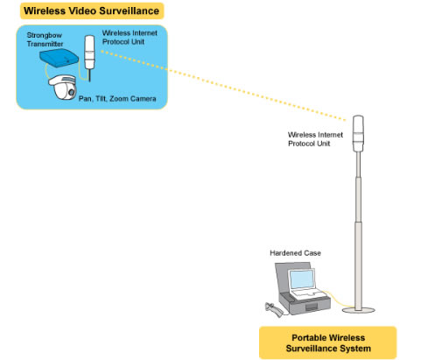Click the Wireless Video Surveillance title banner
tap(92, 11)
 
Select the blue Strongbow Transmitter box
tap(60, 58)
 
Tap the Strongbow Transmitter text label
tap(45, 39)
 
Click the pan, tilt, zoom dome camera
tap(62, 87)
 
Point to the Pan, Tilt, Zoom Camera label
tap(117, 99)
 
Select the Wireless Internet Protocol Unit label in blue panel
tap(130, 38)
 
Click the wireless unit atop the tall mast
tap(358, 134)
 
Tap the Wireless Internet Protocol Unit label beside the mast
tap(315, 139)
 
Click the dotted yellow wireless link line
tap(223, 85)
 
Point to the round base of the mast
tap(358, 310)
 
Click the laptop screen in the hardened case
tap(301, 279)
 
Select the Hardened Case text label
tap(295, 253)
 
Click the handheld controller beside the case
tap(274, 309)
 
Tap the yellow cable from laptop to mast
tap(339, 300)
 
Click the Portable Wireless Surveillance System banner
tap(328, 342)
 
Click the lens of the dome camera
tap(72, 92)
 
